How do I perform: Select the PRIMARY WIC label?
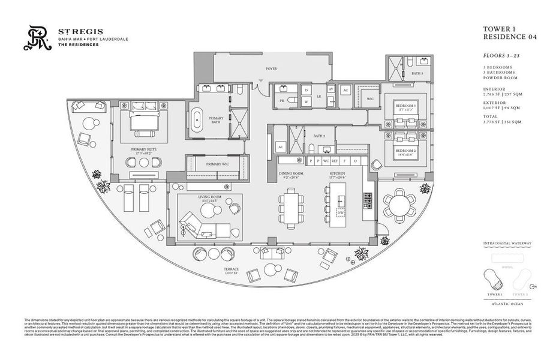click(216, 164)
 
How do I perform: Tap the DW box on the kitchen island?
click(340, 212)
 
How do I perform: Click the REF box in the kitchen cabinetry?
click(335, 161)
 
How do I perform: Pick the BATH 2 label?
click(318, 136)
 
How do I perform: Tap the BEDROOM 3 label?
click(406, 106)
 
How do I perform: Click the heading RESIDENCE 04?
click(509, 37)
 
